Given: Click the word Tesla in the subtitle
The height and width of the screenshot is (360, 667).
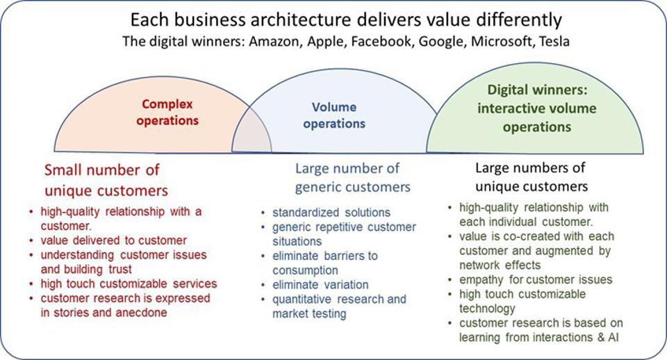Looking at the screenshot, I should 553,41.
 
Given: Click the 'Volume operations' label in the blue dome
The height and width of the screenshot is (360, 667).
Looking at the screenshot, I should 334,115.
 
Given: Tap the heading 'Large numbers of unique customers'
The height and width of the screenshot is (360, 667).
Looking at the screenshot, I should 532,177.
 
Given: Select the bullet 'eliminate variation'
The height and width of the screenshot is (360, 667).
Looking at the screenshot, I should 320,284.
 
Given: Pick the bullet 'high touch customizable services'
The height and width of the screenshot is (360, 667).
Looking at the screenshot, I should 129,284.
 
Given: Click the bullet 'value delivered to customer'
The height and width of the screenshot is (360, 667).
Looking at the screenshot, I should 113,240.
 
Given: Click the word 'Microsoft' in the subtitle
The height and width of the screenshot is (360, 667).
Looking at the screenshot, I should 497,41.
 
